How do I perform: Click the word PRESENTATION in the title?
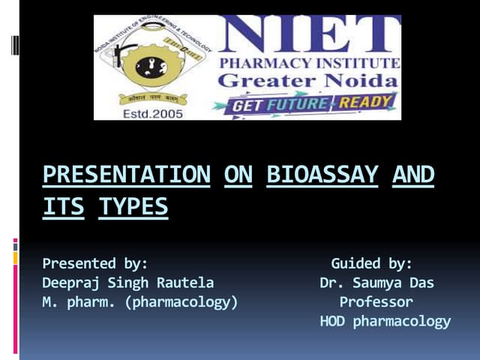(x=126, y=175)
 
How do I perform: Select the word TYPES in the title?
(x=133, y=205)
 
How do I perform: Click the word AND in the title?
(x=413, y=175)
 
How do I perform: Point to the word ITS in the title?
(x=64, y=205)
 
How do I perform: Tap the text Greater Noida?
(x=308, y=79)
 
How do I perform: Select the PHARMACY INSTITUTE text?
(x=308, y=61)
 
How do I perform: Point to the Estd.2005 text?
(x=151, y=113)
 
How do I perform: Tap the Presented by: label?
(x=94, y=263)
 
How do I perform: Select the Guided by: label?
(x=371, y=263)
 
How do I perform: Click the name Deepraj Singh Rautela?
(x=127, y=283)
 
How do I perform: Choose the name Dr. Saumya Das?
(x=376, y=283)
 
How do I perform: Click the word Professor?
(x=376, y=302)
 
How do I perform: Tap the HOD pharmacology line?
(x=385, y=322)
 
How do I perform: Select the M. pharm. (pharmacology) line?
(x=139, y=302)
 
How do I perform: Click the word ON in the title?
(x=238, y=175)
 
